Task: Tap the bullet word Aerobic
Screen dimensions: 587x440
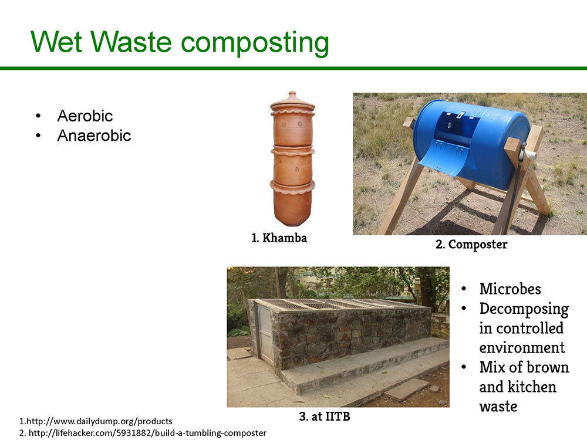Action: click(85, 116)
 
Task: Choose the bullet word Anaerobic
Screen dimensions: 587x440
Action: click(94, 136)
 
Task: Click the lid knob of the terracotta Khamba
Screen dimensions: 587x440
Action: click(292, 94)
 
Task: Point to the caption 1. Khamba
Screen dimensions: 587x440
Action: click(279, 238)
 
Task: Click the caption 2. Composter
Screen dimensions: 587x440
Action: click(471, 244)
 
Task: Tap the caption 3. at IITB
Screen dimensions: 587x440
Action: click(325, 416)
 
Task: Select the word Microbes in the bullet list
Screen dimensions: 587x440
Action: click(510, 289)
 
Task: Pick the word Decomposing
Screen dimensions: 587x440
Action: click(524, 309)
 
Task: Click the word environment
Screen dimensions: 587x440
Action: click(522, 347)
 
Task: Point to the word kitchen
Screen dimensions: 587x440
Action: click(532, 387)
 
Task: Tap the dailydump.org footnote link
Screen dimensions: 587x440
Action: click(96, 421)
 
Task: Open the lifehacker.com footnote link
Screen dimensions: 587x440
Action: click(143, 433)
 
